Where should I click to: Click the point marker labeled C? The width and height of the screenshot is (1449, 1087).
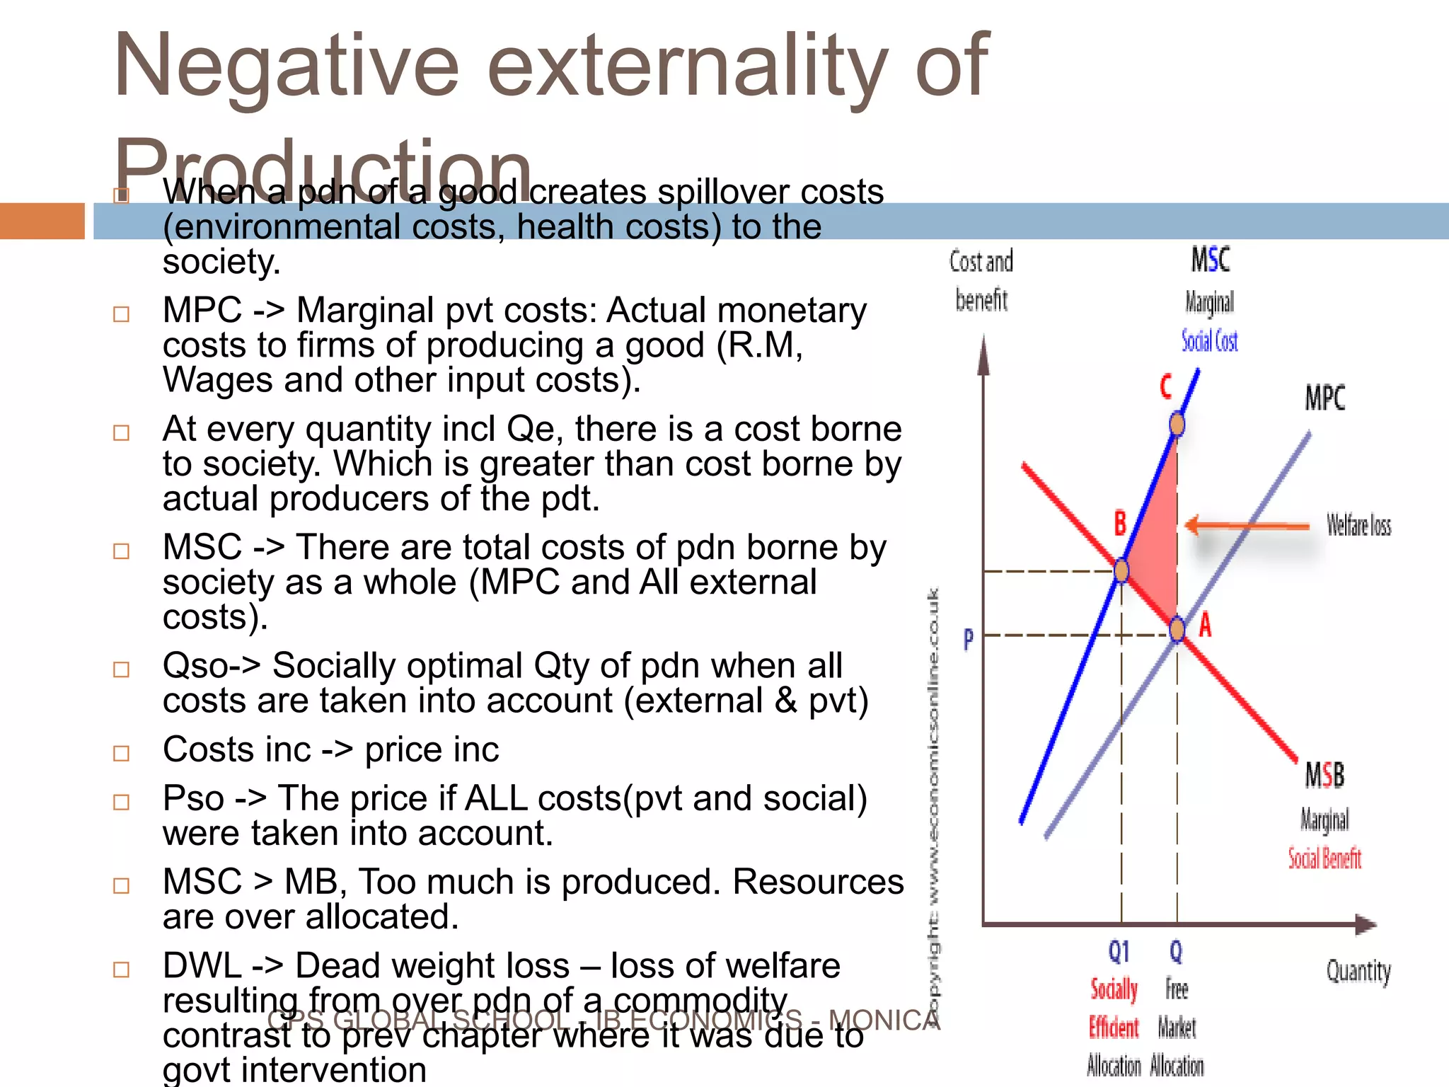click(1177, 425)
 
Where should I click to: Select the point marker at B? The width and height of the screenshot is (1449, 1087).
click(1121, 570)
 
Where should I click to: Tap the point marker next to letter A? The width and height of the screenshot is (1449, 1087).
click(1177, 629)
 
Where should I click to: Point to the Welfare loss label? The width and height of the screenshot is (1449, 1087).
click(1358, 525)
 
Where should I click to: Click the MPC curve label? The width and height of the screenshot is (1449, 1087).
click(1324, 398)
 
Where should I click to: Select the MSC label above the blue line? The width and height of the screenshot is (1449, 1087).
click(1211, 260)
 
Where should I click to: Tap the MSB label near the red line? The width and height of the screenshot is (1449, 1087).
click(1324, 775)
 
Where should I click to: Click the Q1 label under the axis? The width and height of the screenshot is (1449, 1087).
click(1119, 952)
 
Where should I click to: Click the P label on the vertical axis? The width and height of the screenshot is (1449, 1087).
click(969, 639)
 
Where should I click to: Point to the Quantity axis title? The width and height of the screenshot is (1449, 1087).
click(1358, 971)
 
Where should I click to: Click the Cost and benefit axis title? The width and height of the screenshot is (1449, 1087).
click(981, 280)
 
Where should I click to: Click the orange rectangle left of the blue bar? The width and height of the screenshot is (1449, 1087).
click(42, 221)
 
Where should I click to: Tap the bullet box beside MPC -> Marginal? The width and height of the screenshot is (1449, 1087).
click(122, 314)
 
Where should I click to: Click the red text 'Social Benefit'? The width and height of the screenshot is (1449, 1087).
click(1324, 858)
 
